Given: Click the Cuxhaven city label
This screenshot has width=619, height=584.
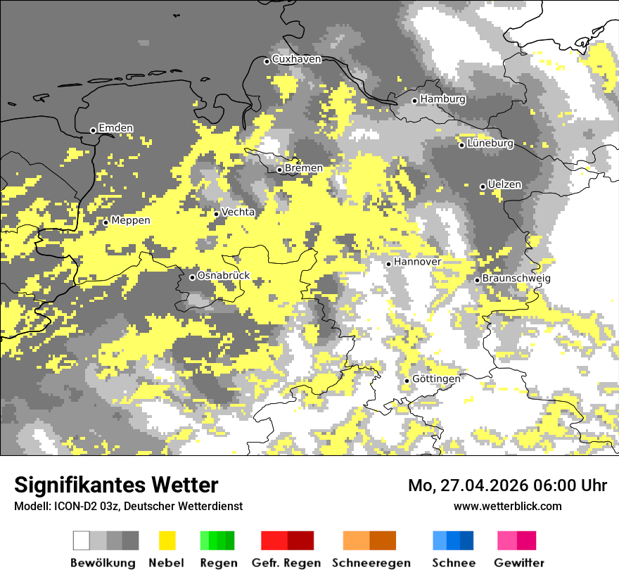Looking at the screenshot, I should [296, 59].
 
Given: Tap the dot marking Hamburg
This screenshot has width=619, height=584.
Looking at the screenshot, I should [415, 101].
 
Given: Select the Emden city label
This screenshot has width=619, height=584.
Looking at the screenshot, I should [115, 128].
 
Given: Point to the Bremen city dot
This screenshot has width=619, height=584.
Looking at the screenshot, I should [279, 170].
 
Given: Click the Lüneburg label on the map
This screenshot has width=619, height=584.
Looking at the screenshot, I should [490, 144].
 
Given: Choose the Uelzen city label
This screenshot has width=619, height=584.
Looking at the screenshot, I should [504, 185].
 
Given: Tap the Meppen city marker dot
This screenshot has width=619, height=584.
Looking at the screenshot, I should [106, 222].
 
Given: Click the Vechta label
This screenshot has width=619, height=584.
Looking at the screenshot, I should [238, 212].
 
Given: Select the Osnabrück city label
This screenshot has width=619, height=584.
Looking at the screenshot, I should [223, 276].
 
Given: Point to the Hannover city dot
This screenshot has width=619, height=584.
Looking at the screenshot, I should [388, 264].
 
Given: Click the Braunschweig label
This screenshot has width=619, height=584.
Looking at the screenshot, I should [516, 279].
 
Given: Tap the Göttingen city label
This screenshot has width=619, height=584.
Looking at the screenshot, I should [436, 379].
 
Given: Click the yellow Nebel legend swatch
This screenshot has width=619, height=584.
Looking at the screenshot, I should [167, 540].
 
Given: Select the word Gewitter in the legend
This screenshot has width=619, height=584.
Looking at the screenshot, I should [519, 563].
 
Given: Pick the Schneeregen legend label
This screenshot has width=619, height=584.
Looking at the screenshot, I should [371, 563].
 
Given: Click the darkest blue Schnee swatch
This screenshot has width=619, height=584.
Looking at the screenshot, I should [467, 540].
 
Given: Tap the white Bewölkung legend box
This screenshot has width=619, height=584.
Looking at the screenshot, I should [82, 540].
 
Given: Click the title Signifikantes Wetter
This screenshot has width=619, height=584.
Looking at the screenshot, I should [116, 485].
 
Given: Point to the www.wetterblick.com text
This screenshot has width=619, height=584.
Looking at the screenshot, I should [508, 506].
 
